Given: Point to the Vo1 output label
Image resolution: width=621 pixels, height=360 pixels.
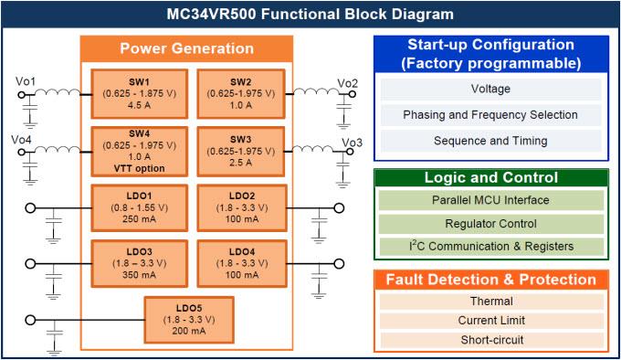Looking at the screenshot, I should (x=26, y=82).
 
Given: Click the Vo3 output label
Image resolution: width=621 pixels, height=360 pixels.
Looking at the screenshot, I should (x=352, y=143).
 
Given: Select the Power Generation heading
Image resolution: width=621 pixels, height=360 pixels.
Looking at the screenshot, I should (x=186, y=48).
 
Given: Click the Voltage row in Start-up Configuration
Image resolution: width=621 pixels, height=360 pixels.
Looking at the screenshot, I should (x=490, y=90).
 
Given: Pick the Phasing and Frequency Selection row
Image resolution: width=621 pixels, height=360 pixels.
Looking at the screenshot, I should (x=490, y=115).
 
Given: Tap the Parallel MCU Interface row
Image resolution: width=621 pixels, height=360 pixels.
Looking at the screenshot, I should (x=490, y=200).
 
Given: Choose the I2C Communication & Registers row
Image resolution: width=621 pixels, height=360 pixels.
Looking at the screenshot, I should (x=490, y=246).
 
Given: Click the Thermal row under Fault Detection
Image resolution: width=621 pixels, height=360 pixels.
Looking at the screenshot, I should (x=490, y=302).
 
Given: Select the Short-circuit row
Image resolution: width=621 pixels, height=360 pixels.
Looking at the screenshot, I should (x=490, y=340).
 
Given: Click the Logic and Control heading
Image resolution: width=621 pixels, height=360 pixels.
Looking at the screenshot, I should (x=490, y=178).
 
